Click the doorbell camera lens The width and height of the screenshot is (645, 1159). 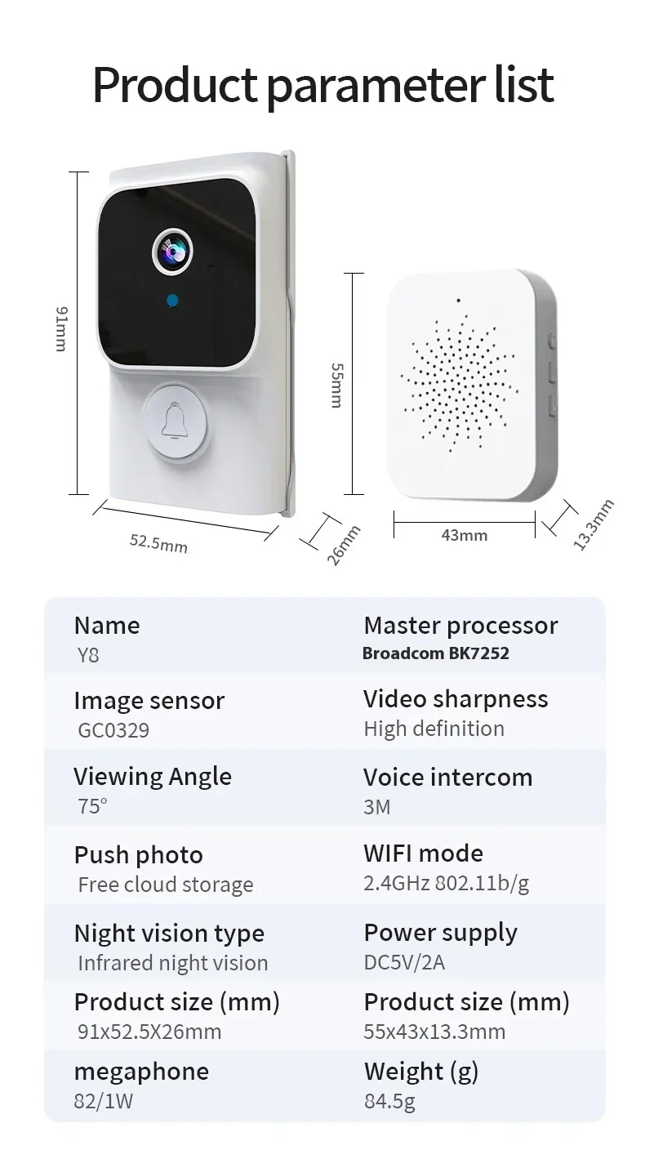[172, 252]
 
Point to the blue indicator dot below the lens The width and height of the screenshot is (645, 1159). [173, 300]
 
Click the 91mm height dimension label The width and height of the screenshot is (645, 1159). [61, 329]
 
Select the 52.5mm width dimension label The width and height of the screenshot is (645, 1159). [158, 543]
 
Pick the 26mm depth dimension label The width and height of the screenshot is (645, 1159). [344, 546]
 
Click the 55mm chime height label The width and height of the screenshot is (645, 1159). [337, 386]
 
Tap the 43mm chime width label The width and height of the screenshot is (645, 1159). [464, 535]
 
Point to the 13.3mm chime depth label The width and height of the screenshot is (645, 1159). [594, 524]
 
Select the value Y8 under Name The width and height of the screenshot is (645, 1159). [88, 655]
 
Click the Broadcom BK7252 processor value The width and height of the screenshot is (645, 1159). [435, 653]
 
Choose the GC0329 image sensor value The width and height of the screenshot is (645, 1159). [113, 730]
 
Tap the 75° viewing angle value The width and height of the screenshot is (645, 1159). [92, 806]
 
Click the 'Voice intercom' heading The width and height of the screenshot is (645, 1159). [447, 777]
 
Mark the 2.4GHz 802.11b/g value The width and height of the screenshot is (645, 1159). [446, 883]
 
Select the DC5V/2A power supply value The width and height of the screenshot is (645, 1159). [404, 962]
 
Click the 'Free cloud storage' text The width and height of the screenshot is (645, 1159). [166, 885]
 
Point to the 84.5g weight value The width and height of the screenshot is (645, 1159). [389, 1101]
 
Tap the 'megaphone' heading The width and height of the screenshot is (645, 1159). [141, 1072]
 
